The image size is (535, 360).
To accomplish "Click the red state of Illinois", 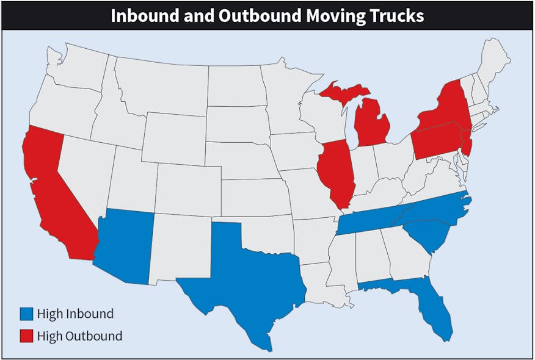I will (x=336, y=174).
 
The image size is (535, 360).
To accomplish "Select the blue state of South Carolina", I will (x=428, y=235).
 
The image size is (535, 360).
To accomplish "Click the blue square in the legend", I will (x=26, y=314).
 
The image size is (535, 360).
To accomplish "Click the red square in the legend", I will (x=26, y=336).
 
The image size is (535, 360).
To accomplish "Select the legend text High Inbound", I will (x=75, y=314).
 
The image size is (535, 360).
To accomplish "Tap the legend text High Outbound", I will (x=79, y=336).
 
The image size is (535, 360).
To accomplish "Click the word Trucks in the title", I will (x=393, y=15).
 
